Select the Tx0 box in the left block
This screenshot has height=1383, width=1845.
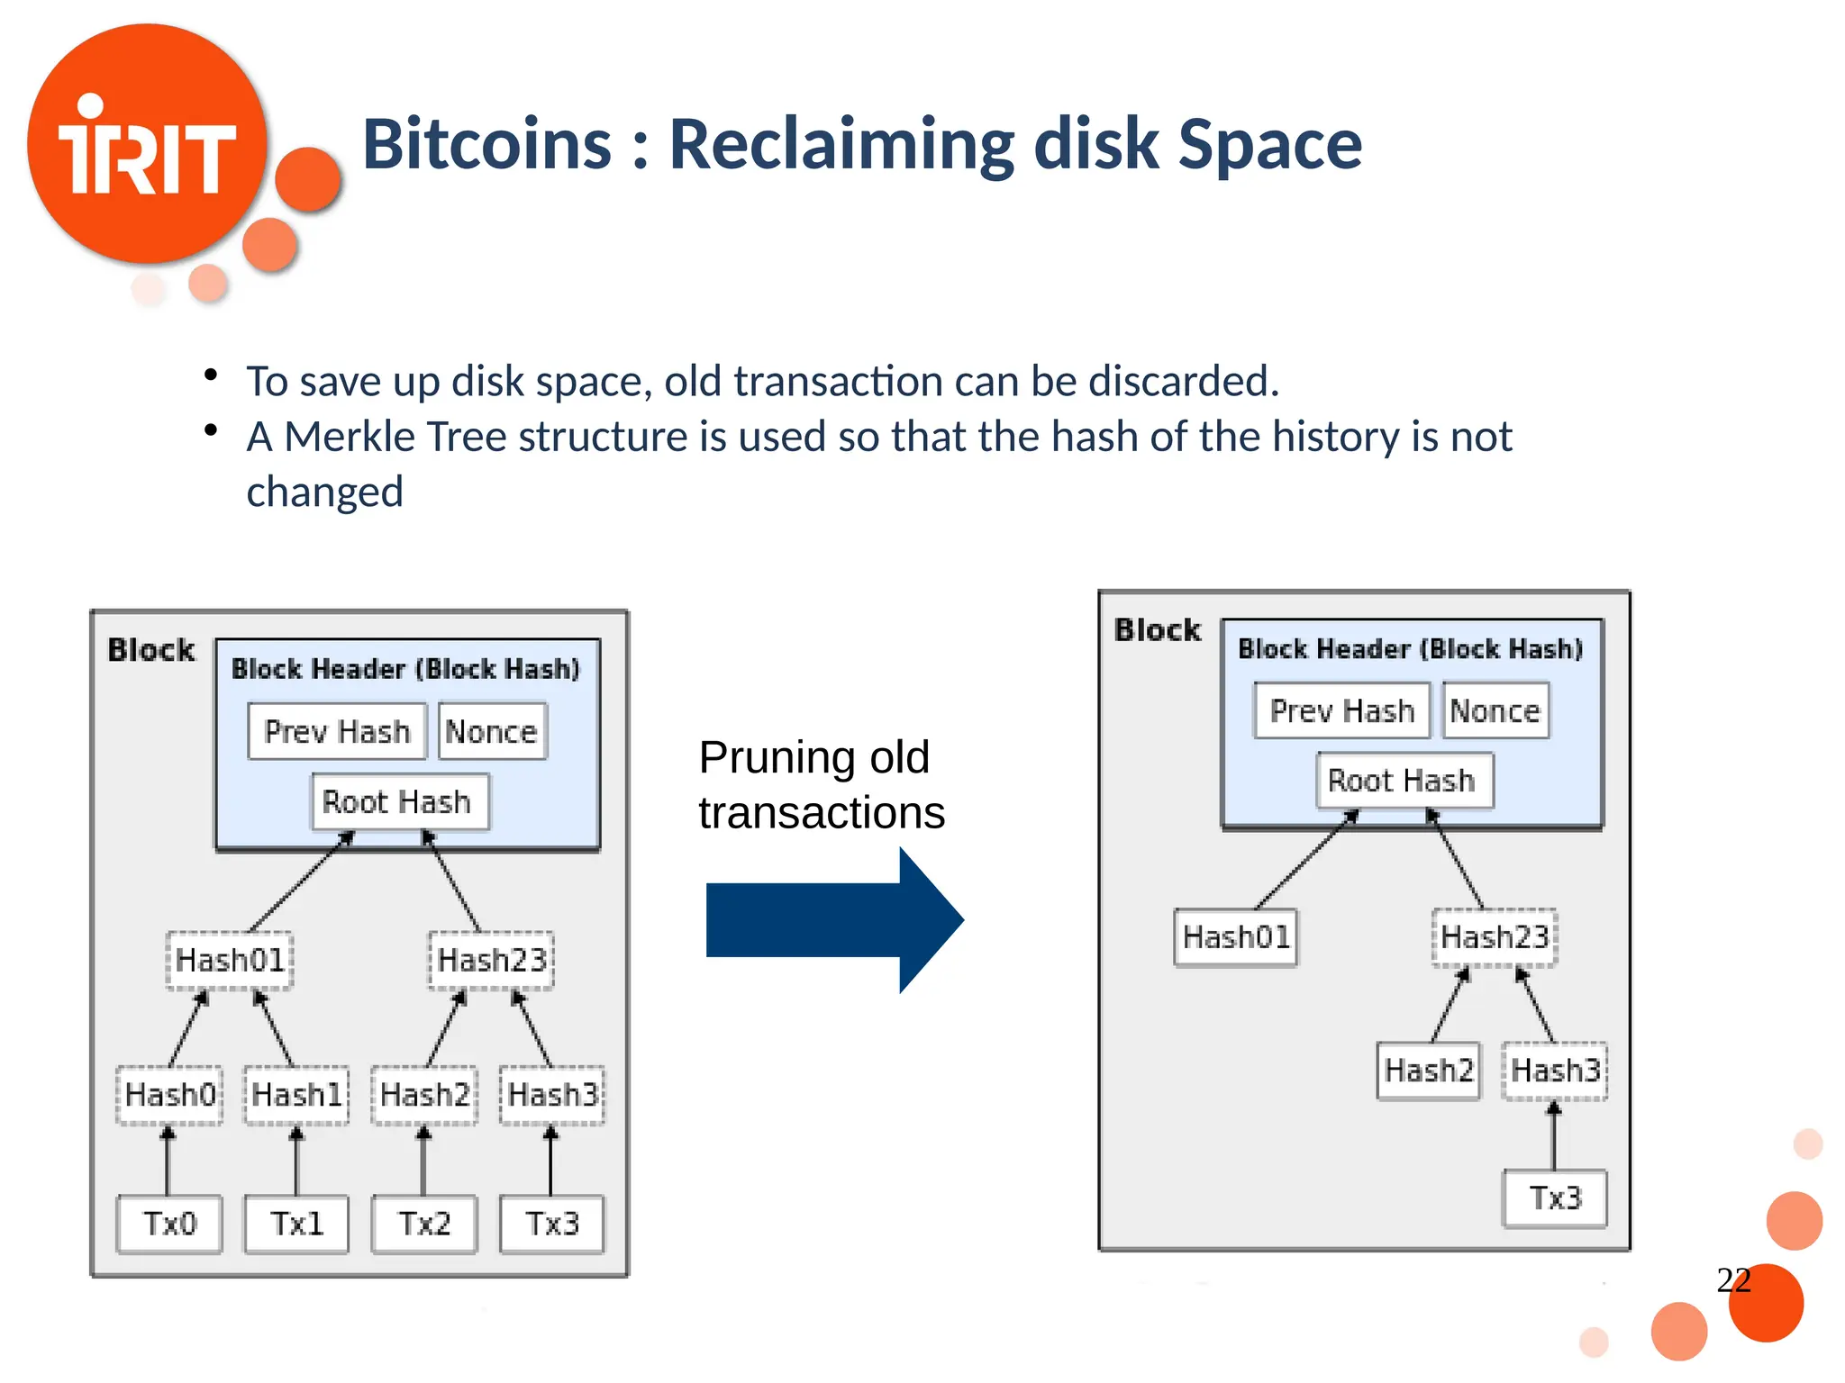click(x=169, y=1224)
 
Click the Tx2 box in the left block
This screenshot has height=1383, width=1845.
click(x=424, y=1224)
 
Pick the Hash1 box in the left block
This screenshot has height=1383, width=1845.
click(x=296, y=1095)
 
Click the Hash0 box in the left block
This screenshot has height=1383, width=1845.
click(x=169, y=1095)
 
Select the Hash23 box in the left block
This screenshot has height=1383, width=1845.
click(x=492, y=960)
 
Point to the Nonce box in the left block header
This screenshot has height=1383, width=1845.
click(x=492, y=731)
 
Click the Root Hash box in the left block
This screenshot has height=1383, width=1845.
click(x=397, y=801)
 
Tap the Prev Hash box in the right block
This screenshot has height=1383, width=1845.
click(x=1341, y=710)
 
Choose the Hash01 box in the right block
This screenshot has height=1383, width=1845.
click(x=1236, y=937)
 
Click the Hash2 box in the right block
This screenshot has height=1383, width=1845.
click(x=1429, y=1071)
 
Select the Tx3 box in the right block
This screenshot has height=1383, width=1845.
click(x=1555, y=1198)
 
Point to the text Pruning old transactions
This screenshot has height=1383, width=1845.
click(x=821, y=785)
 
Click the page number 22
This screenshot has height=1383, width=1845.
click(x=1733, y=1279)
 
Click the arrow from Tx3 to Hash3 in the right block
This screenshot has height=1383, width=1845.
click(x=1554, y=1136)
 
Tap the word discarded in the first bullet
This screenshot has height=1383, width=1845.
click(x=1183, y=381)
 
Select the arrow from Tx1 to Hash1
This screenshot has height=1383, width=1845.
click(x=296, y=1161)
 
